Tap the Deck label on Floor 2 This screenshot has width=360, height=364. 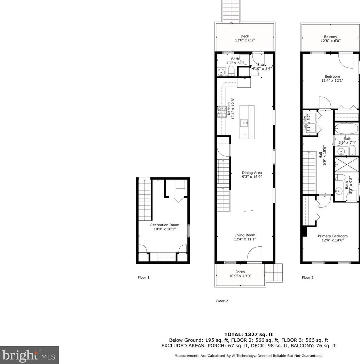(x=245, y=36)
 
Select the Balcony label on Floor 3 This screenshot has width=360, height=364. (x=330, y=37)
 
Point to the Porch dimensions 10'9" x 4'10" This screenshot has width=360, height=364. (x=240, y=276)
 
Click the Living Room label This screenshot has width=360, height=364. (x=245, y=235)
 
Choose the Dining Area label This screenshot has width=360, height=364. (x=252, y=173)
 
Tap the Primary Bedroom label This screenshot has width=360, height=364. (x=332, y=236)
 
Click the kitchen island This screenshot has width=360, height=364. (x=246, y=122)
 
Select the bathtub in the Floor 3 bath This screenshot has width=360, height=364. (x=346, y=129)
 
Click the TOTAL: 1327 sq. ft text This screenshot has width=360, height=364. (x=248, y=334)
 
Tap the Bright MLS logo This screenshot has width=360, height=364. (x=29, y=355)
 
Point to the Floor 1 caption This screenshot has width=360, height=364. (x=143, y=277)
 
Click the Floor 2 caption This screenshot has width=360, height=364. (x=222, y=301)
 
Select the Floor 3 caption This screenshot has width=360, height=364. (x=307, y=277)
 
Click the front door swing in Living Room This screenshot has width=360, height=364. (x=255, y=254)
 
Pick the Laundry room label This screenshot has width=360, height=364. (x=305, y=122)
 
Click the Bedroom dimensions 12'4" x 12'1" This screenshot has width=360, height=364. (x=332, y=80)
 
